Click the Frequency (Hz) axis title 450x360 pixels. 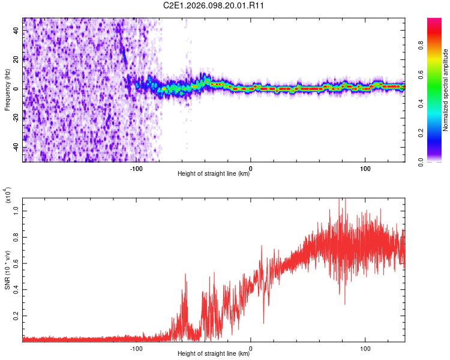[7, 89]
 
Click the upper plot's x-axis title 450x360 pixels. [214, 174]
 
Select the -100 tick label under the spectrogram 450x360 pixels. [136, 168]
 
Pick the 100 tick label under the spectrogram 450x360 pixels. [365, 168]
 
